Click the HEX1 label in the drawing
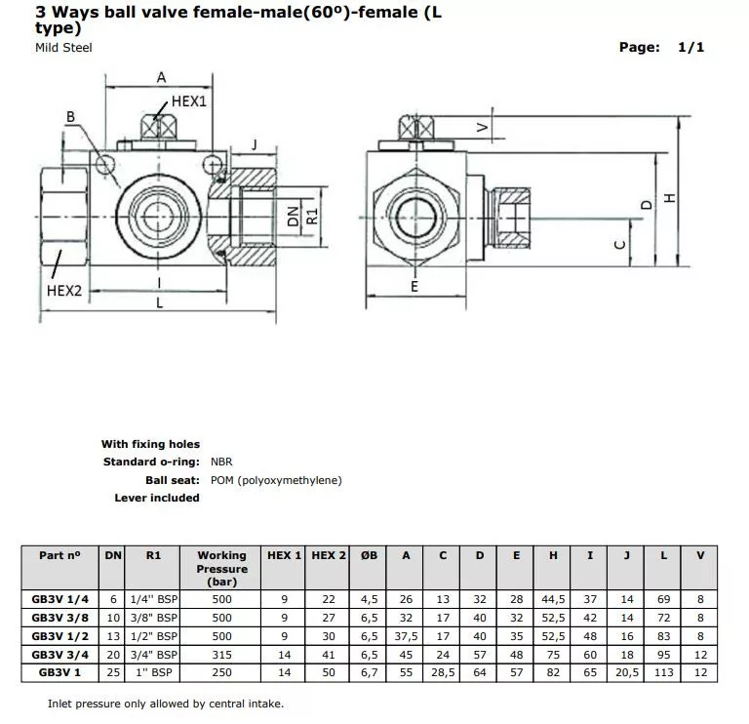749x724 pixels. [190, 101]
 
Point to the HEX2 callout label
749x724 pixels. [63, 290]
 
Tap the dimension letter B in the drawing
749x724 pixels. [70, 116]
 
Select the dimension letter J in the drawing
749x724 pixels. [255, 144]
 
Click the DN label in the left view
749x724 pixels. [293, 217]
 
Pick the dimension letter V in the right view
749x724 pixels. [482, 127]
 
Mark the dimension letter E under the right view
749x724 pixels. [414, 288]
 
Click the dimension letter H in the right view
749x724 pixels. [669, 198]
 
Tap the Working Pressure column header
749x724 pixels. [222, 568]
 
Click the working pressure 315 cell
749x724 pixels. [222, 655]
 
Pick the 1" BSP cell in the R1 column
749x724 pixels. [153, 673]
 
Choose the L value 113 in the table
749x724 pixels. [663, 673]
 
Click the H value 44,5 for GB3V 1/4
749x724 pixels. [553, 599]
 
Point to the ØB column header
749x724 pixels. [369, 555]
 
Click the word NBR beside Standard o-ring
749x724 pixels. [222, 463]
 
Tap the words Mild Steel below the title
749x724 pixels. [63, 48]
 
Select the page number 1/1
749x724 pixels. [690, 47]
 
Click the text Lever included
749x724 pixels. [157, 498]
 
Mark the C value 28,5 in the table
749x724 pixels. [443, 673]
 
